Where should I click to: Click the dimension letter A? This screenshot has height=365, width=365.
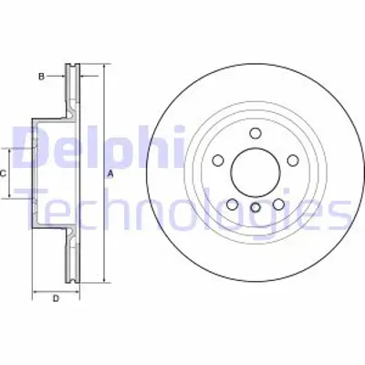tap(110, 173)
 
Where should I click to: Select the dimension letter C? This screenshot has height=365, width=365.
tap(3, 173)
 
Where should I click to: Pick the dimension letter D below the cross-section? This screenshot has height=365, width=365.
tap(56, 298)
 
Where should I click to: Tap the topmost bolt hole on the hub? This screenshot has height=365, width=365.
tap(255, 133)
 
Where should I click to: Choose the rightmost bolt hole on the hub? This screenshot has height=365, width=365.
tap(291, 160)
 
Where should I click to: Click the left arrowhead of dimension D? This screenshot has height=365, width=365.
tap(36, 291)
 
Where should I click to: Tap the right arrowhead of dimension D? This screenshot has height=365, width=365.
tap(78, 291)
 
